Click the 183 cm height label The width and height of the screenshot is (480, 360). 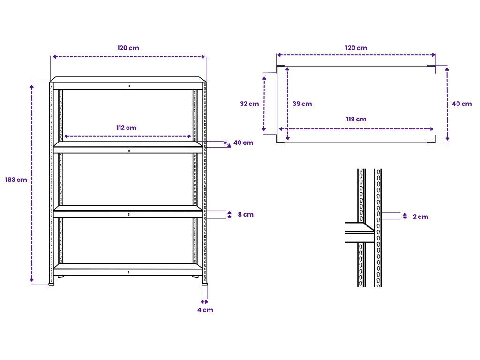(16, 180)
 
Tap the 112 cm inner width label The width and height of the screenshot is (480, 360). (127, 127)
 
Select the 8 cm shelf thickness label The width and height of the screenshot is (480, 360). (246, 215)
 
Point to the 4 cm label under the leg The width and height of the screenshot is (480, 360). (205, 310)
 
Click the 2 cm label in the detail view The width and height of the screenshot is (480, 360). (420, 217)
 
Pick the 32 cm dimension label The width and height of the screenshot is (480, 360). (249, 104)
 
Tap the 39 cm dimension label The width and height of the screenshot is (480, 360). (302, 104)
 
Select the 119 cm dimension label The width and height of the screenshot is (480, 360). (356, 119)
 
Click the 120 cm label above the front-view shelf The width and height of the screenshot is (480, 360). (128, 48)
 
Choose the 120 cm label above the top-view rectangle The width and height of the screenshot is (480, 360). (356, 48)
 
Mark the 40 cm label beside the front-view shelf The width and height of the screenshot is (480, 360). (243, 142)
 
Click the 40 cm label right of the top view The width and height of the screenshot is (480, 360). (462, 104)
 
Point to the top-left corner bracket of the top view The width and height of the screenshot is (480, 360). (280, 69)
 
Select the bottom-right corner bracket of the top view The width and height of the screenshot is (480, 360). (432, 139)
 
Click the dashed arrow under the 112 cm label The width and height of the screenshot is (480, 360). (127, 136)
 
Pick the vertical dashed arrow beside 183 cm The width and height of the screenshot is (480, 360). (32, 183)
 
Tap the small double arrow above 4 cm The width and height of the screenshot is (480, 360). (205, 301)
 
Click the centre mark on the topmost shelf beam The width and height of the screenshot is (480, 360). (128, 86)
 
